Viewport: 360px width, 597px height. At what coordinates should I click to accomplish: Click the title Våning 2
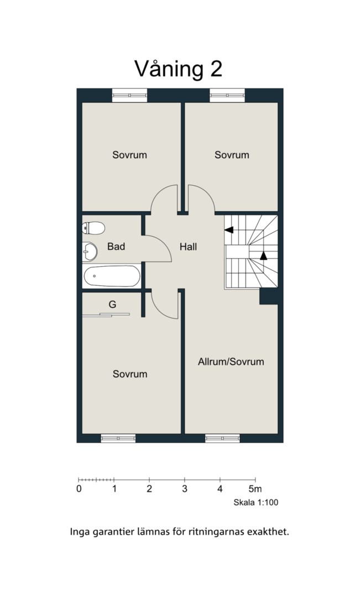pos(178,69)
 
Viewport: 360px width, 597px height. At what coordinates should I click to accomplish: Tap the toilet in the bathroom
pos(93,228)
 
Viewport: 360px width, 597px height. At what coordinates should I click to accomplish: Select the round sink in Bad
pos(90,252)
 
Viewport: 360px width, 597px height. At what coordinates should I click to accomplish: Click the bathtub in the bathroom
pos(112,276)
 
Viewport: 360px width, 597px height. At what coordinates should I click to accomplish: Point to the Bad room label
pos(116,247)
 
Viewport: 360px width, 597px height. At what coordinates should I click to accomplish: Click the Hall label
pos(188,247)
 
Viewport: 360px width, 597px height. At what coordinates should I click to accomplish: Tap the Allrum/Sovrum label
pos(231,362)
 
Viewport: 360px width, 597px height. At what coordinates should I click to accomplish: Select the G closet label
pos(112,304)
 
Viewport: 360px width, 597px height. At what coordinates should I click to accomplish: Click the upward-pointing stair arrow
pos(264,255)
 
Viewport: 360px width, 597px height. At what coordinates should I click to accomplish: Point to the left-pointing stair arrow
pos(228,229)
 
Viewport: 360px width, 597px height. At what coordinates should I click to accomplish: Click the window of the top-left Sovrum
pos(129,95)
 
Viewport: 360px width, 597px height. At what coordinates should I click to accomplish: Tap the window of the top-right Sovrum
pos(227,95)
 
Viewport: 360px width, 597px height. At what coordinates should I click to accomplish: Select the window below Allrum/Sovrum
pos(222,438)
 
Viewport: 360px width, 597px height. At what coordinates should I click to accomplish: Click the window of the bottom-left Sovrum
pos(118,438)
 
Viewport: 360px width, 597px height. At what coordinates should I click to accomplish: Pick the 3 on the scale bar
pos(185,489)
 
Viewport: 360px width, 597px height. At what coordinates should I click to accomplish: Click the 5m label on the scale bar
pos(255,489)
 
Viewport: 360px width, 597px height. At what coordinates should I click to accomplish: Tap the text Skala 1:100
pos(256,502)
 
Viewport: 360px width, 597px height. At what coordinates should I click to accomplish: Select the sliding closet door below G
pos(106,315)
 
